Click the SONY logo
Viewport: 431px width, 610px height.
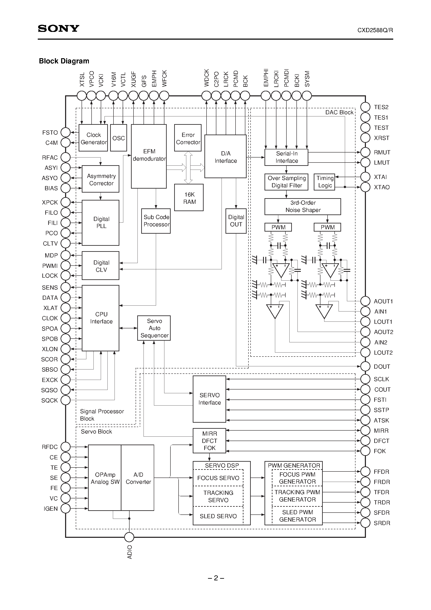pos(58,28)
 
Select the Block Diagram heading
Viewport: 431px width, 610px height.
pos(64,61)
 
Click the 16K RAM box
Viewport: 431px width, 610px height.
pos(189,198)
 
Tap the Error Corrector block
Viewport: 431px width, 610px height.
pos(188,138)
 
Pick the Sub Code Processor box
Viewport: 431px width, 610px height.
pos(156,221)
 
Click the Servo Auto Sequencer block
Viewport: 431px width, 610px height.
pos(154,328)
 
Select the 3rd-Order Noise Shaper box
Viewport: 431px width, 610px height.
pos(303,207)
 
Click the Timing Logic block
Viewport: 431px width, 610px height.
pos(325,182)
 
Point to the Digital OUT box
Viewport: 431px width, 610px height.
pos(236,221)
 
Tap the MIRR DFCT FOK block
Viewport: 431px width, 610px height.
pos(209,441)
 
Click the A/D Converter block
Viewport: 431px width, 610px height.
pos(138,478)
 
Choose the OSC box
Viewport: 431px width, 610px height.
pos(118,138)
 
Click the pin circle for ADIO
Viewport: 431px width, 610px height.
pos(129,537)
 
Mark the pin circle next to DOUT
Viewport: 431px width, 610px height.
pos(365,366)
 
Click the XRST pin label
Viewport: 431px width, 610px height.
pos(381,138)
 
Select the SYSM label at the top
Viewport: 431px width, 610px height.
pos(307,79)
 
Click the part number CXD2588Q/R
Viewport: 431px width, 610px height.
pos(375,30)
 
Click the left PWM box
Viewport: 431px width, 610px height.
pos(278,227)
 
